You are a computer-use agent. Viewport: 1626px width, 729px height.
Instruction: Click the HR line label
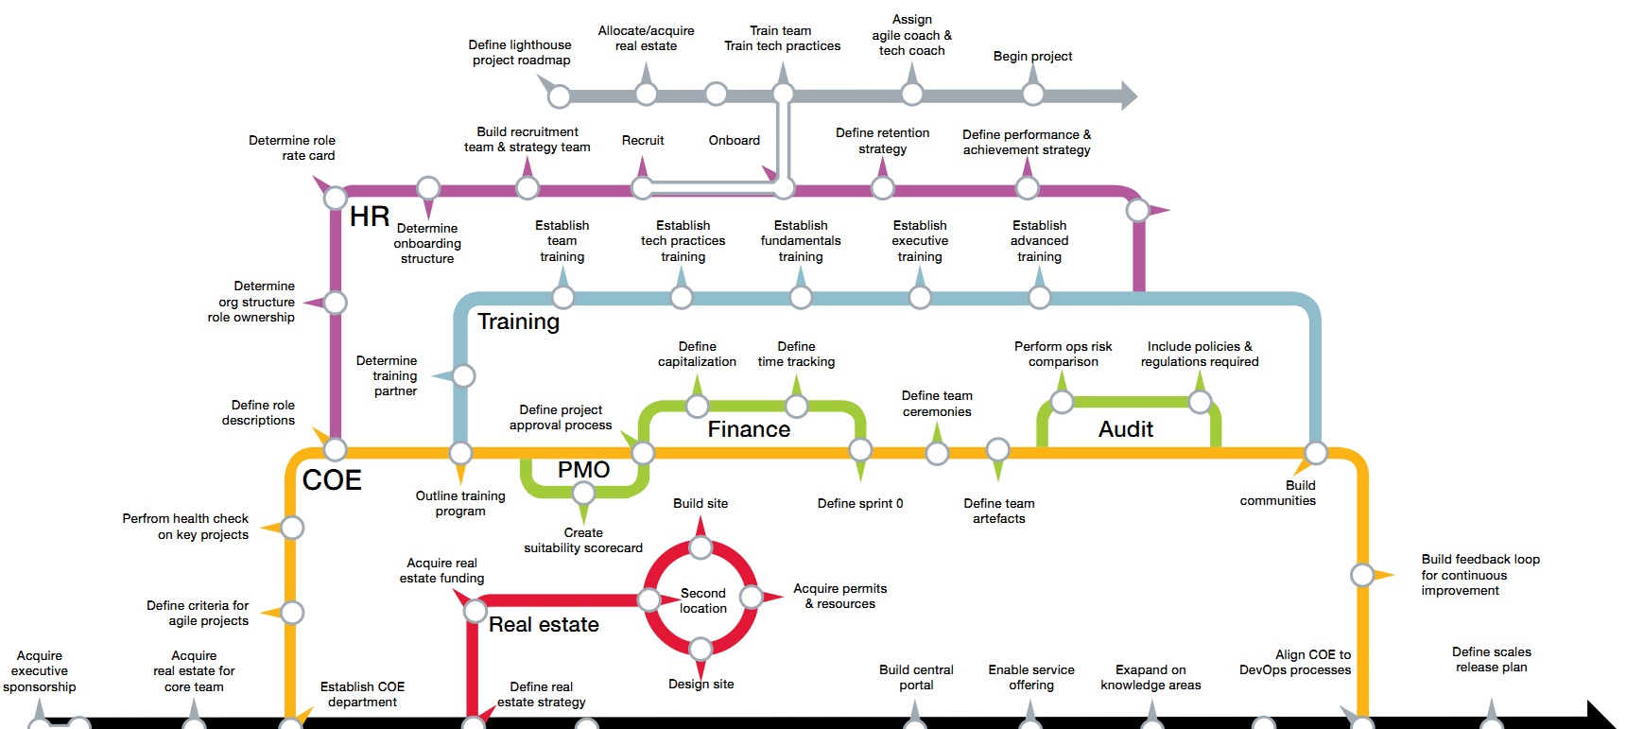[370, 217]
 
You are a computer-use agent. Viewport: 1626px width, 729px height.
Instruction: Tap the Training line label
[518, 321]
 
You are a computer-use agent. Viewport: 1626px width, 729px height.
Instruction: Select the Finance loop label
[749, 429]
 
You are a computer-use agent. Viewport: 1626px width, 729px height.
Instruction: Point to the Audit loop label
[1126, 429]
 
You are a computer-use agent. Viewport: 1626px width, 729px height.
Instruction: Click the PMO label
[583, 470]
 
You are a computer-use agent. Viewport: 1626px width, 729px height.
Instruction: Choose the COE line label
[332, 480]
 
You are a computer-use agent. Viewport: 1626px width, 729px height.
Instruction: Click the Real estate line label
[544, 625]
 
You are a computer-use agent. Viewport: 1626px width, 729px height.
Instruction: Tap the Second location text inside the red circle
[703, 601]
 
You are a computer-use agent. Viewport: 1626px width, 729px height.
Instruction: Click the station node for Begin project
[1033, 95]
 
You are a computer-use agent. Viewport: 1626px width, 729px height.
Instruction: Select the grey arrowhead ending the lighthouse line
[1129, 95]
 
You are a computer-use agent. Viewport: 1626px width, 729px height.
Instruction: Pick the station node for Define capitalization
[698, 407]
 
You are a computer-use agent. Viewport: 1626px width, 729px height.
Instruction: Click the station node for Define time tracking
[797, 407]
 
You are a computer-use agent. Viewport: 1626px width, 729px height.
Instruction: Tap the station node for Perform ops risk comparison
[1063, 402]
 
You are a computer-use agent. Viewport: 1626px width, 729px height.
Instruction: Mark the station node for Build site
[701, 548]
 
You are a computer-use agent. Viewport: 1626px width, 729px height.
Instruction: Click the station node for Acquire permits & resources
[752, 597]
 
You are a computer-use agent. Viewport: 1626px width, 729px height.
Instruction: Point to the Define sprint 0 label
[860, 503]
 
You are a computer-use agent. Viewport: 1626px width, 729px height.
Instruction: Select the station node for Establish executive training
[920, 298]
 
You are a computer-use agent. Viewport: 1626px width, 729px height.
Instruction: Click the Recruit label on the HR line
[643, 140]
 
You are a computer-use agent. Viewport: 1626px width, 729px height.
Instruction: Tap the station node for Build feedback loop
[1362, 575]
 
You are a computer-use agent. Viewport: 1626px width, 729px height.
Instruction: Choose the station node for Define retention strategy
[883, 188]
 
